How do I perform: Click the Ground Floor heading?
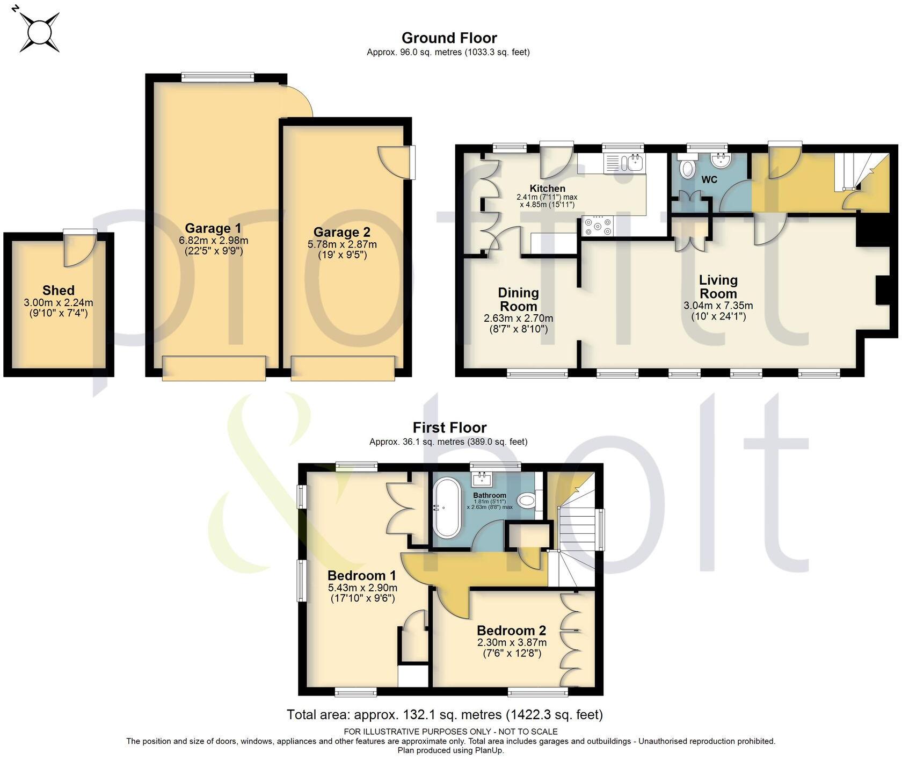click(x=449, y=38)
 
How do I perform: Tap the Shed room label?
click(x=58, y=291)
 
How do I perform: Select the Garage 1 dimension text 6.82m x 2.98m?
click(x=213, y=240)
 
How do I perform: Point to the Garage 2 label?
click(x=341, y=233)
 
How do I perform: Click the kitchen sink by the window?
click(x=626, y=162)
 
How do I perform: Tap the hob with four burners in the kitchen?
click(x=597, y=226)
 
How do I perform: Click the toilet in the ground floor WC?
click(x=686, y=168)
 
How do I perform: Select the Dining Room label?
click(x=518, y=300)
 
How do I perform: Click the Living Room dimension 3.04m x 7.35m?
click(x=718, y=306)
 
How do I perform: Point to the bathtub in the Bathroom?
click(x=446, y=508)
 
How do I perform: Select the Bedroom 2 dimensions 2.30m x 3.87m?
click(x=512, y=642)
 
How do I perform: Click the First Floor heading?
click(x=449, y=428)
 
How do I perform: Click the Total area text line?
click(x=445, y=715)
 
